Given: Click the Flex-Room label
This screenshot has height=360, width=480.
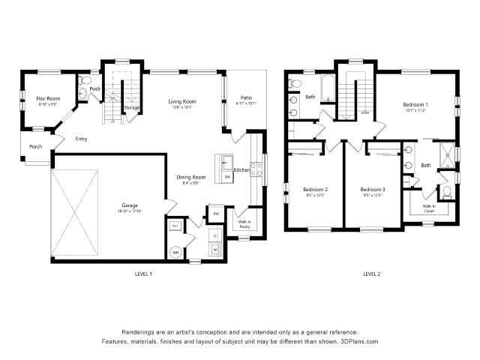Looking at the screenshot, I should click(x=49, y=98).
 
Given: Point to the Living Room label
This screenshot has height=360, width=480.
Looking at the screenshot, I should click(x=181, y=101).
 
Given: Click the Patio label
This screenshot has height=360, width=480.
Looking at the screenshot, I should click(x=246, y=97).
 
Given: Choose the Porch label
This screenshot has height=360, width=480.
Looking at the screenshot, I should click(x=35, y=146).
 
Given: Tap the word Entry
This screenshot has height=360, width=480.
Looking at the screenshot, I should click(x=81, y=139).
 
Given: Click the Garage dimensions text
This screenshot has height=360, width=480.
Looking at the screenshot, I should click(x=130, y=211).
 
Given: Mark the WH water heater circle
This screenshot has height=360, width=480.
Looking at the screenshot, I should click(x=175, y=253).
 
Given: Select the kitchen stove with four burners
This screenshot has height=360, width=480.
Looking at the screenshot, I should click(x=254, y=170).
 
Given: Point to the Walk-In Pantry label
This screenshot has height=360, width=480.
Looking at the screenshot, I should click(x=244, y=223).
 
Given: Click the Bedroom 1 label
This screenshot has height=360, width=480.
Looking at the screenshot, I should click(x=415, y=104).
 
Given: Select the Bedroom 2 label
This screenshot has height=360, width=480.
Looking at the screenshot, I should click(x=315, y=189).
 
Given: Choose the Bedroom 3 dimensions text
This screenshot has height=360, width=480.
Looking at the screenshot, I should click(x=372, y=195).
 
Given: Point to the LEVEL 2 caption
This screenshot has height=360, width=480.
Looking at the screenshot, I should click(x=372, y=274).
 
